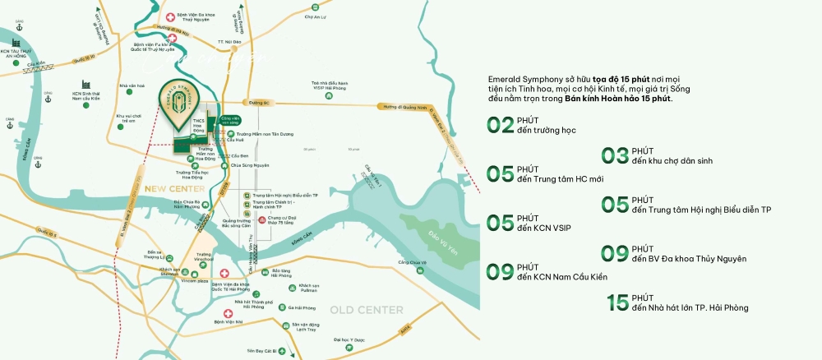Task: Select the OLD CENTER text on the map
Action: pos(367,310)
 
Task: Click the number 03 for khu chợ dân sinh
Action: pos(615,156)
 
